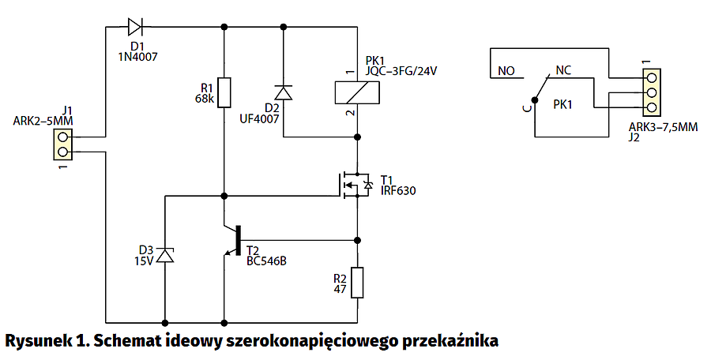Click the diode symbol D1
[x=136, y=27]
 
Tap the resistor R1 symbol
[x=224, y=92]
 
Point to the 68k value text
[x=204, y=99]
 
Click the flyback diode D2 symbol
[x=283, y=92]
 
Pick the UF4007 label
[x=260, y=119]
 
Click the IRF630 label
[x=397, y=190]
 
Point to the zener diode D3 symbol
[x=164, y=255]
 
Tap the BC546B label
[x=265, y=260]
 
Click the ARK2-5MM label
[x=44, y=121]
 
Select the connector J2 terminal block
[x=653, y=92]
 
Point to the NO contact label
[x=506, y=70]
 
